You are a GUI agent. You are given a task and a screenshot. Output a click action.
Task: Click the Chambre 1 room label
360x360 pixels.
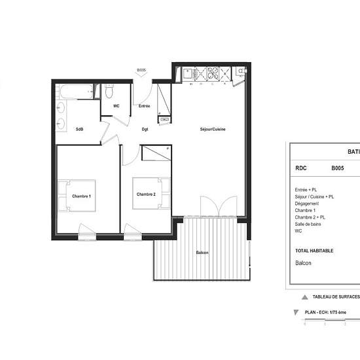tap(81, 196)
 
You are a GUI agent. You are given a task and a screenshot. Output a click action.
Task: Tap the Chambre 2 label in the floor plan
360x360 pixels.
tap(145, 194)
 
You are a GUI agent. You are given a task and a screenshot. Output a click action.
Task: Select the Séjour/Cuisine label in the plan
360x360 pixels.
tap(213, 129)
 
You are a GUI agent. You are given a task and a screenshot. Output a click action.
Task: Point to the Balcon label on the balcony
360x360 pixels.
tap(202, 253)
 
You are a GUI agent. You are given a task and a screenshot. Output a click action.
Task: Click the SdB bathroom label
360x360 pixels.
tap(79, 129)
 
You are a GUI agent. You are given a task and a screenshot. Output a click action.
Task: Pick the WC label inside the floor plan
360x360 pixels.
tap(116, 106)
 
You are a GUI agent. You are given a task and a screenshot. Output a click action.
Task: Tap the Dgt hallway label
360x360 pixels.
tap(145, 129)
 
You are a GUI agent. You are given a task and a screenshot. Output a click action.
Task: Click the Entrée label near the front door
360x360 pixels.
tap(144, 106)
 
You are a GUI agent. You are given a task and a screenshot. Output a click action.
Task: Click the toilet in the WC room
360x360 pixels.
tap(109, 92)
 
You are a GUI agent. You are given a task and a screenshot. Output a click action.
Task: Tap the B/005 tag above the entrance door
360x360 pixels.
tap(140, 70)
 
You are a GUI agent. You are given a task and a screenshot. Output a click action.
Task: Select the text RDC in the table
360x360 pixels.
tap(301, 168)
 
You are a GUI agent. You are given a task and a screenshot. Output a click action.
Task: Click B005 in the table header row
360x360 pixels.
tap(337, 168)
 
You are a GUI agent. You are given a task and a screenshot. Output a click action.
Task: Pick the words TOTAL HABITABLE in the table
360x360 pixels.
tap(314, 251)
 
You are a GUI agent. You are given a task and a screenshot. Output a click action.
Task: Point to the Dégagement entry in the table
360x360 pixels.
tap(308, 203)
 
